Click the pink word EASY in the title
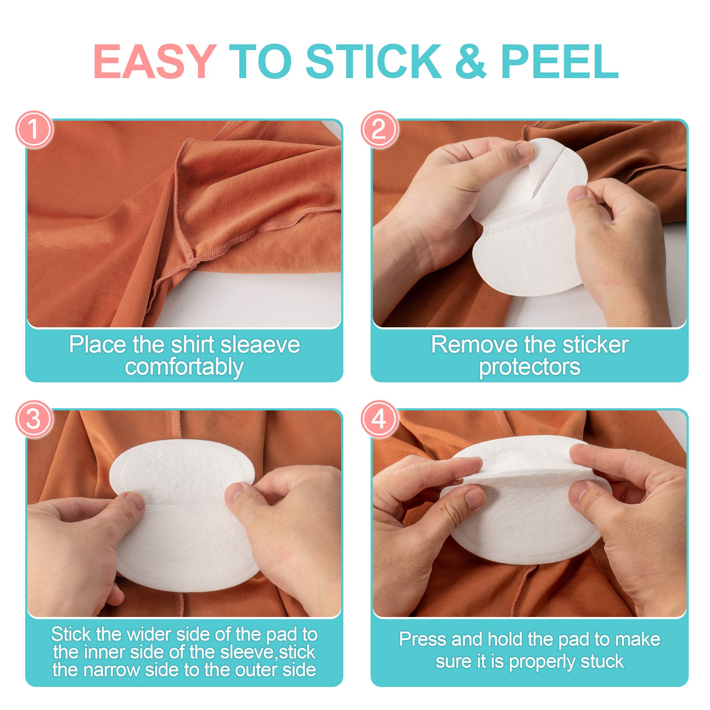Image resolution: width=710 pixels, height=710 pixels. (155, 61)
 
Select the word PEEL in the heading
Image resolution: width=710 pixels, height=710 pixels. (560, 61)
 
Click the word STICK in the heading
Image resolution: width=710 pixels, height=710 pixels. (373, 61)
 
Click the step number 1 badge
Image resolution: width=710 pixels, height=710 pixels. (34, 129)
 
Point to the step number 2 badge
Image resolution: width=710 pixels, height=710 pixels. (379, 129)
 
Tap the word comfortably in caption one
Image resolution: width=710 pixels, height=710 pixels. (184, 367)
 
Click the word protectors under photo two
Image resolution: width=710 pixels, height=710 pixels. (530, 367)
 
